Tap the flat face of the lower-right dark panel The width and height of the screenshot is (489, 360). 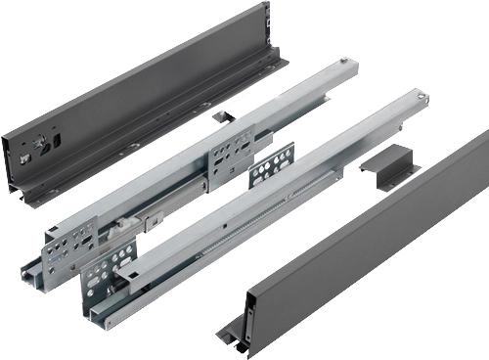(x=372, y=240)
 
